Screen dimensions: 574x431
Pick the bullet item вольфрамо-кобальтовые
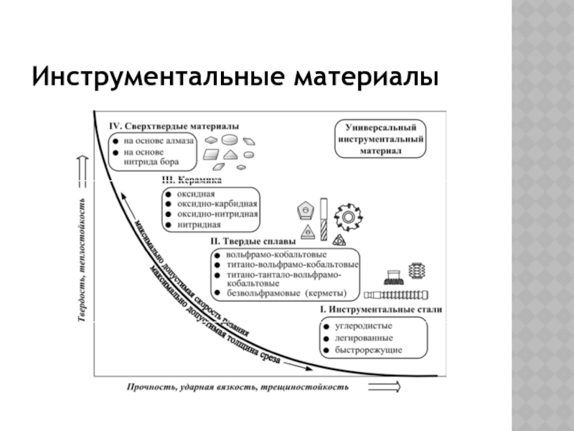[x=277, y=255]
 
